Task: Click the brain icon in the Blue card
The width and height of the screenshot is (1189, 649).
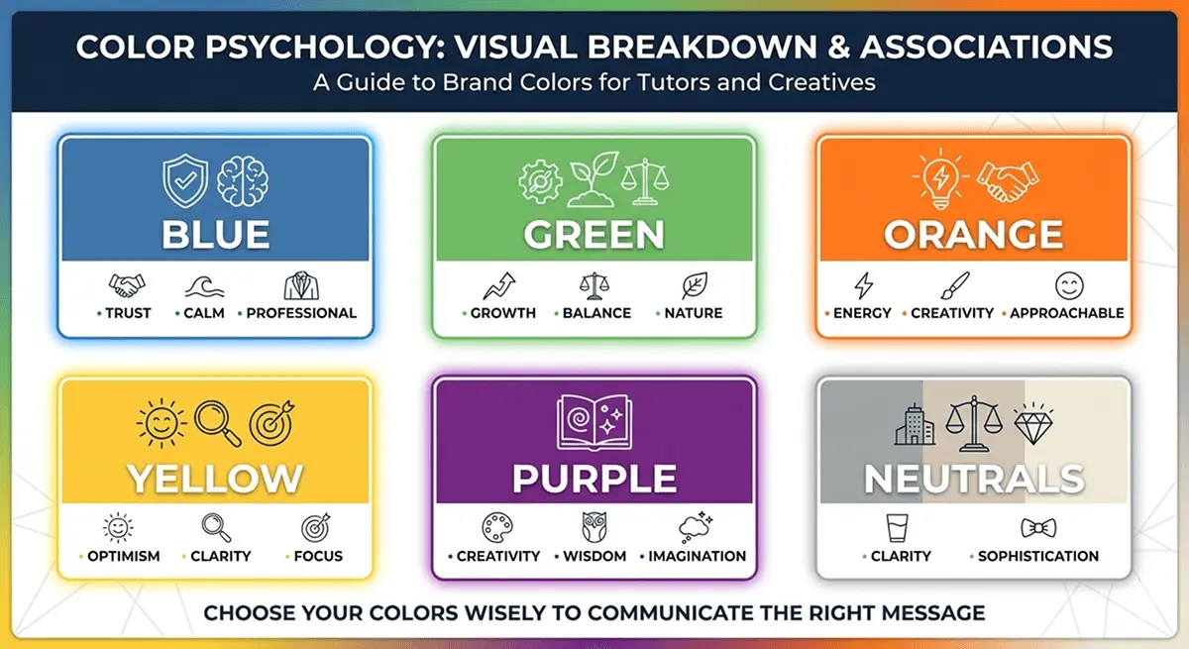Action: [x=243, y=179]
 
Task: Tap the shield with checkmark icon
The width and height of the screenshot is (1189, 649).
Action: [x=184, y=179]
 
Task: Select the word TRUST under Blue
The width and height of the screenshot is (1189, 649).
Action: [x=129, y=313]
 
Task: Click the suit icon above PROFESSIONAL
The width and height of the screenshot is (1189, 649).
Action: [x=301, y=286]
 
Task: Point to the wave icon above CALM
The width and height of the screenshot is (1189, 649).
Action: [x=204, y=286]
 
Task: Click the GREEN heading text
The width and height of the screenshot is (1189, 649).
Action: [x=594, y=235]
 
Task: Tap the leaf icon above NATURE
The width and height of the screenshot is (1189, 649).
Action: [x=694, y=286]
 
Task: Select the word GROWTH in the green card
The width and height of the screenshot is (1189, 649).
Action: [x=502, y=313]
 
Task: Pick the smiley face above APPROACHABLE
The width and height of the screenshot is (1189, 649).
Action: [x=1069, y=286]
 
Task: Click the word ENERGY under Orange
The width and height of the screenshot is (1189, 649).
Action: [x=862, y=313]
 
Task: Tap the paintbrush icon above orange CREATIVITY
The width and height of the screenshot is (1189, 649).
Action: [x=953, y=286]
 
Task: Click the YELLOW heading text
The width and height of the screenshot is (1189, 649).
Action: [x=215, y=479]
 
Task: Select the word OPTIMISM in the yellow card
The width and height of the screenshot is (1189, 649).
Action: [x=123, y=556]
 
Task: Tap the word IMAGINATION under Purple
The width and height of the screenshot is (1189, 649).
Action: [x=697, y=556]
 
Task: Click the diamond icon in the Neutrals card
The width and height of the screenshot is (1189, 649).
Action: [x=1032, y=423]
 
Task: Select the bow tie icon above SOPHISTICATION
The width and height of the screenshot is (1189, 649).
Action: [x=1037, y=528]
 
